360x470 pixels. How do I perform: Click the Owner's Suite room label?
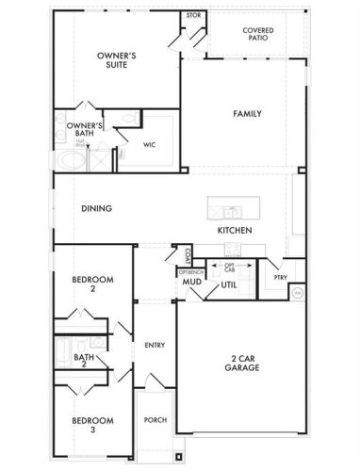pos(117,61)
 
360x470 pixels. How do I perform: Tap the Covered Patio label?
pos(258,35)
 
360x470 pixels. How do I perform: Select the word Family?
pos(247,113)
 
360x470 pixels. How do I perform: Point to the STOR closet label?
pos(193,16)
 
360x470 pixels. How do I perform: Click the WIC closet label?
pos(149,145)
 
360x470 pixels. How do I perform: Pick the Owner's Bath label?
pos(84,130)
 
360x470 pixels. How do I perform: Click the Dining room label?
pos(97,209)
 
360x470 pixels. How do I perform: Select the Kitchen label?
pos(235,230)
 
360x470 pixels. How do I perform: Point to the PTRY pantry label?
pos(280,278)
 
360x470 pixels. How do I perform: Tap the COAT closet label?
pos(188,254)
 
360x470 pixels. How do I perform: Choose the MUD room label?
pos(188,282)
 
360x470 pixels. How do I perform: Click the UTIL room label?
pos(229,284)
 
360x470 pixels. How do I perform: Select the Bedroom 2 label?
pos(93,284)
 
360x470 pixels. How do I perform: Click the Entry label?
pos(155,345)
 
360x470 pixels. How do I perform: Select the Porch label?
pos(155,420)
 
